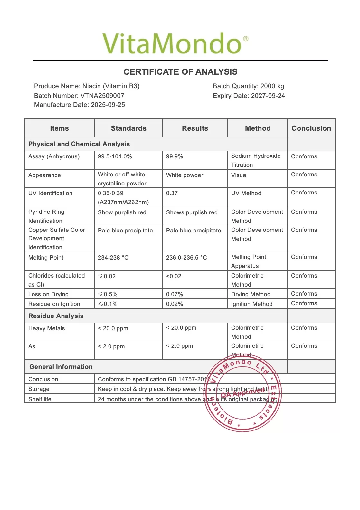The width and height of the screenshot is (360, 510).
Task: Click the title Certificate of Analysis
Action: click(180, 72)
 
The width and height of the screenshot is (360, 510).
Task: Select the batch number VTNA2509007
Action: click(102, 96)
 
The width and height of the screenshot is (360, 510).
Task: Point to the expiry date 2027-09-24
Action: click(268, 96)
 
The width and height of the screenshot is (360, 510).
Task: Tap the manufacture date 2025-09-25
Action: click(108, 105)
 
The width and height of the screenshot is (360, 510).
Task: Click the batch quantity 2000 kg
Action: click(272, 86)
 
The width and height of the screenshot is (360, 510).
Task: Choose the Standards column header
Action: click(128, 128)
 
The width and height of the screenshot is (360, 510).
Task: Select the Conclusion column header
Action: click(311, 128)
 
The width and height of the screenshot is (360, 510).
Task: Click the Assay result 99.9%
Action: click(175, 156)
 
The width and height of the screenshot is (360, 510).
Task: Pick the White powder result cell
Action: click(185, 175)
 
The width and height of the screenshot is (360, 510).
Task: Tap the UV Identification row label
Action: click(50, 193)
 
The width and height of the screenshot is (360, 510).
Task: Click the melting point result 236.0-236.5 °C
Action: click(186, 258)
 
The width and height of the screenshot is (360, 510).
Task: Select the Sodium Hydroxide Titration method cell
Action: click(256, 160)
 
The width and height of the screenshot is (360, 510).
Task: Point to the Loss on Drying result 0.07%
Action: click(175, 294)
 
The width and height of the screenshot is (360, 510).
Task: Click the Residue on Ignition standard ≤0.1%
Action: click(108, 304)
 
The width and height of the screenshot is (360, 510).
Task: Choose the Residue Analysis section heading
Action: click(56, 316)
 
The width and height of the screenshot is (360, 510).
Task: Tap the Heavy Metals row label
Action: click(46, 328)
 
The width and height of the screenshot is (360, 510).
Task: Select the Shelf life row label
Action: click(40, 399)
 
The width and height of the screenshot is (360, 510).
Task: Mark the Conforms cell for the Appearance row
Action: click(304, 175)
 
